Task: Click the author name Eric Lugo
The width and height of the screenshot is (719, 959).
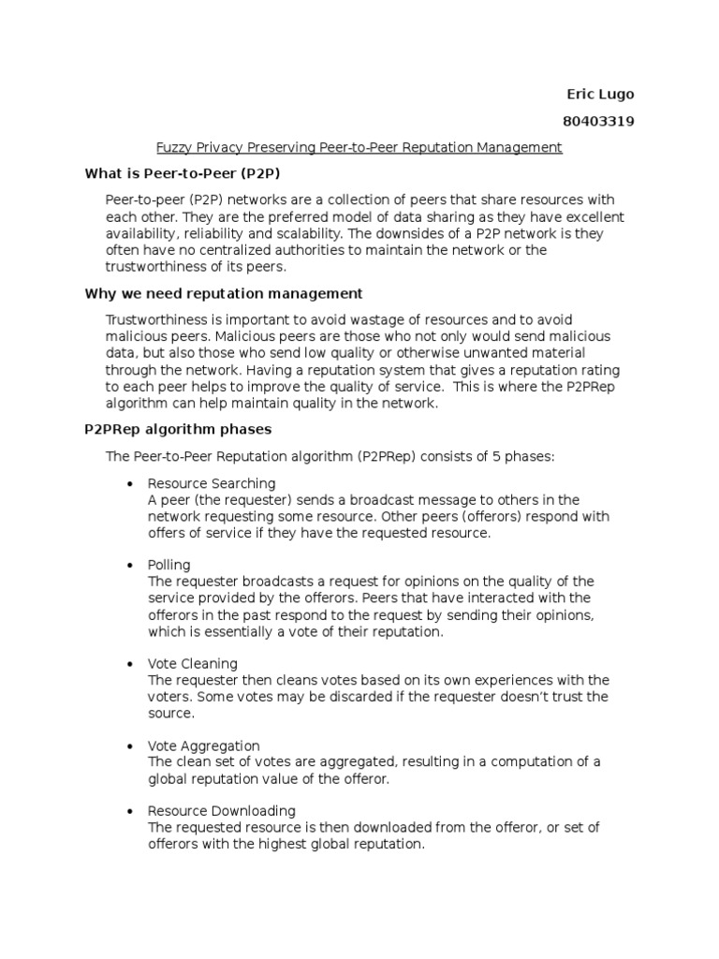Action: (x=600, y=95)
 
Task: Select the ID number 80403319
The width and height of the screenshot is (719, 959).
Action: (x=598, y=121)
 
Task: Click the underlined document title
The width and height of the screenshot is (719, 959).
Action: (x=359, y=147)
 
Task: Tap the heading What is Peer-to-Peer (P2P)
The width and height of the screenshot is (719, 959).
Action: (x=183, y=173)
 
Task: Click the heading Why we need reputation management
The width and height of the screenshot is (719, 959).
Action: (x=224, y=293)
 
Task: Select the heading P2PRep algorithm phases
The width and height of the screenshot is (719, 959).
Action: (x=178, y=429)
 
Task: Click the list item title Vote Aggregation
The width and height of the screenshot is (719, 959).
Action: (x=204, y=745)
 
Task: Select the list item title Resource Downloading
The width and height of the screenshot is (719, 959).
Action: (x=222, y=810)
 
